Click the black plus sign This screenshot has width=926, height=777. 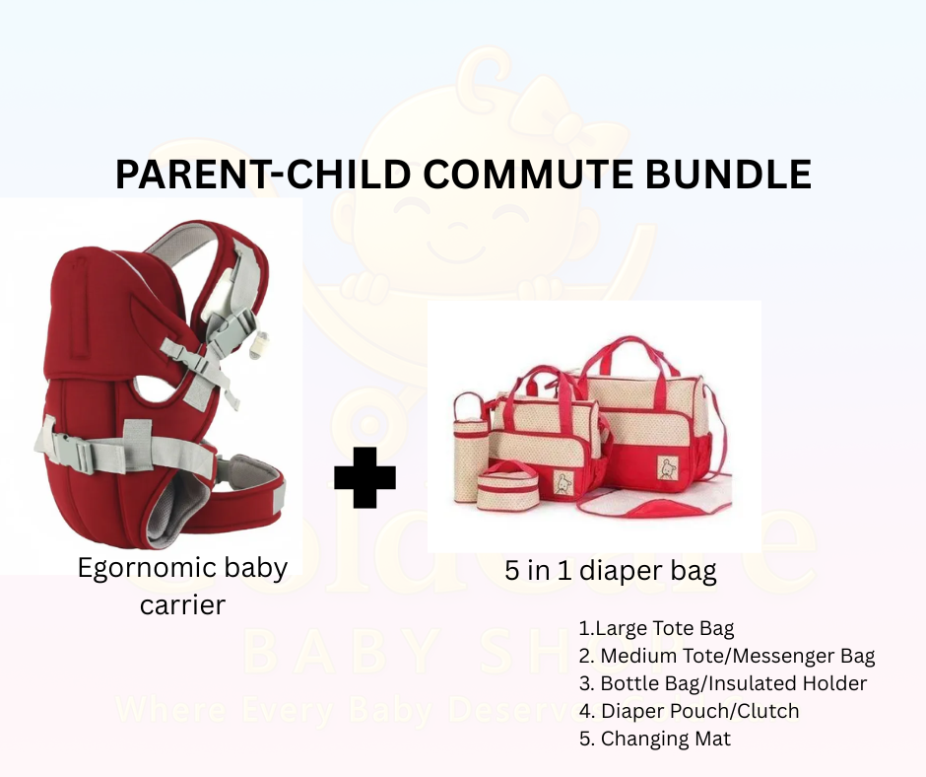click(x=364, y=476)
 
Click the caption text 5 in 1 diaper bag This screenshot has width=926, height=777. click(x=610, y=571)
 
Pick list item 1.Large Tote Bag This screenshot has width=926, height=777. click(x=656, y=628)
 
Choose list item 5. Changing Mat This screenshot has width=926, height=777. click(x=655, y=739)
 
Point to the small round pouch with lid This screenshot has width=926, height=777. click(x=509, y=484)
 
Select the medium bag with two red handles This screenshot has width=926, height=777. click(x=548, y=434)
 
